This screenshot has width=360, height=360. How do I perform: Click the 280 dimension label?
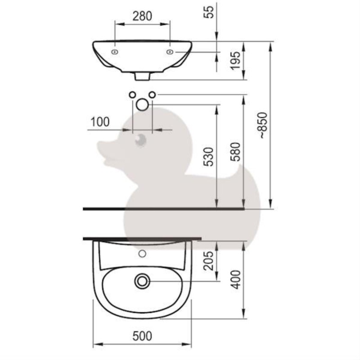click(x=142, y=16)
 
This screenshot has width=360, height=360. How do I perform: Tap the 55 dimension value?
click(x=209, y=12)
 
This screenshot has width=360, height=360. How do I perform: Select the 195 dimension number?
click(x=235, y=61)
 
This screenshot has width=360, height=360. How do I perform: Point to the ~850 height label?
click(x=263, y=125)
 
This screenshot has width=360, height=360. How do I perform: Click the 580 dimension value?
click(x=235, y=152)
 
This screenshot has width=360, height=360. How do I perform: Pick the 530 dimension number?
click(x=209, y=157)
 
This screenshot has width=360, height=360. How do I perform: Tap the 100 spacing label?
click(x=100, y=121)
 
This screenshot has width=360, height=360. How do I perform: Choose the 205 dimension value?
click(x=209, y=261)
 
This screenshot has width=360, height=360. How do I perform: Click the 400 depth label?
click(x=235, y=279)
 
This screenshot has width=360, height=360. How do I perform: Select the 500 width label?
click(x=142, y=336)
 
